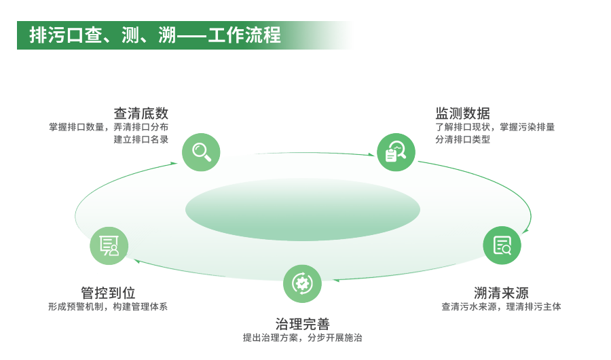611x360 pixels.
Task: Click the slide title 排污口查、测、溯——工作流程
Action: pyautogui.click(x=155, y=35)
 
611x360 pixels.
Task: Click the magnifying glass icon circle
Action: pyautogui.click(x=202, y=151)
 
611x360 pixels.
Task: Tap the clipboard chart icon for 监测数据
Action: pyautogui.click(x=396, y=151)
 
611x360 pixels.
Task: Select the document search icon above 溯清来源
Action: pyautogui.click(x=502, y=245)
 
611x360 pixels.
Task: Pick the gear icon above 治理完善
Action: pyautogui.click(x=302, y=283)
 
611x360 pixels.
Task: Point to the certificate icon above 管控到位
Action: pyautogui.click(x=109, y=245)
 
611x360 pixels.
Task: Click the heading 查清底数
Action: pyautogui.click(x=141, y=113)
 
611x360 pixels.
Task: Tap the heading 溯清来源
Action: pyautogui.click(x=501, y=293)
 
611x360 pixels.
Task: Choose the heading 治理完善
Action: pyautogui.click(x=302, y=324)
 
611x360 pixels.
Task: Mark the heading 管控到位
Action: pyautogui.click(x=108, y=293)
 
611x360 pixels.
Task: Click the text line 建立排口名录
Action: pyautogui.click(x=141, y=140)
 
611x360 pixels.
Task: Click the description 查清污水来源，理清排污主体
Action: pyautogui.click(x=501, y=307)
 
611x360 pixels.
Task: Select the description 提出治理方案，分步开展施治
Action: pyautogui.click(x=302, y=338)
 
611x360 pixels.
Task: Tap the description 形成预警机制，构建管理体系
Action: pyautogui.click(x=108, y=307)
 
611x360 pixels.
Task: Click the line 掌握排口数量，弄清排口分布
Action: pyautogui.click(x=109, y=127)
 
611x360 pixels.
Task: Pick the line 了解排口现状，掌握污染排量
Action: pyautogui.click(x=495, y=127)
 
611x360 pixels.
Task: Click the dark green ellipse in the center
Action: pyautogui.click(x=303, y=209)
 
